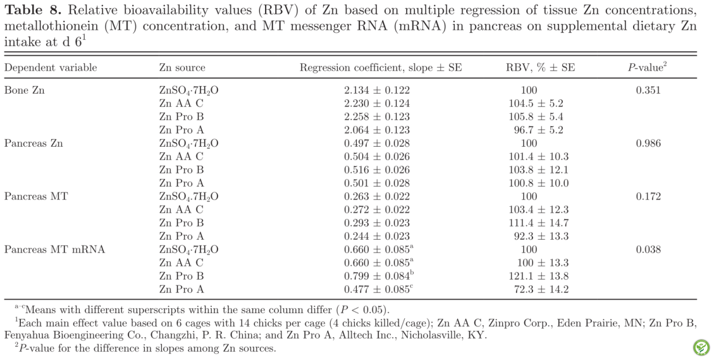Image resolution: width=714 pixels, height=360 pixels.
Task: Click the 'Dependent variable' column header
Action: coord(51,68)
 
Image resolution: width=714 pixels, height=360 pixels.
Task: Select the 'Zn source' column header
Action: coord(182,68)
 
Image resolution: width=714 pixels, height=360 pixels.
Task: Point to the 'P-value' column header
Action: coord(647,68)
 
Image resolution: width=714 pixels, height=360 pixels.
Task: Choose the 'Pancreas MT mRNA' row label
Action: coord(54,249)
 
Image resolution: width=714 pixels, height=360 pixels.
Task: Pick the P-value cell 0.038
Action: coord(648,249)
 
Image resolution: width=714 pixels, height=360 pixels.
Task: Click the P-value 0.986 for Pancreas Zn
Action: coord(648,143)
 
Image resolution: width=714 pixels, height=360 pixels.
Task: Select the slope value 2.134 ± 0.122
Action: coord(376,90)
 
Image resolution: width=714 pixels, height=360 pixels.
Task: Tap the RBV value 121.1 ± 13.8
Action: coord(538,276)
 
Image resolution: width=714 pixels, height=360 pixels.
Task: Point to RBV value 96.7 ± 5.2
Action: coord(538,130)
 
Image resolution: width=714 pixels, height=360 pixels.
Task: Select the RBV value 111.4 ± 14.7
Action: coord(538,223)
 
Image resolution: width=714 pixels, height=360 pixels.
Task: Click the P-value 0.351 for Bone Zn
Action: coord(648,90)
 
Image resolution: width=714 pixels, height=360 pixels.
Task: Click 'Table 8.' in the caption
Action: coord(30,9)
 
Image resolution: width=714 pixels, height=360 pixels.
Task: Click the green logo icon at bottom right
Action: coord(701,347)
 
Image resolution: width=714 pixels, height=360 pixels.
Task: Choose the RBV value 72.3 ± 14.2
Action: coord(538,289)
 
